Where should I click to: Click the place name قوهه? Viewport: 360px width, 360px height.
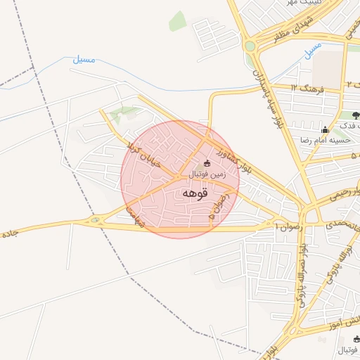tap(194, 193)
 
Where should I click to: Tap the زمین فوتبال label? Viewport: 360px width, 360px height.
tap(207, 174)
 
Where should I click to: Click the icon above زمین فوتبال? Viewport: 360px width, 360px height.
tap(207, 163)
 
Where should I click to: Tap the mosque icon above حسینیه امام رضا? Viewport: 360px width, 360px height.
tap(325, 129)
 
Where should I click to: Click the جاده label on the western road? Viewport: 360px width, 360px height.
tap(8, 232)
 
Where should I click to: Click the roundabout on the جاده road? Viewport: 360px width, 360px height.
tap(94, 221)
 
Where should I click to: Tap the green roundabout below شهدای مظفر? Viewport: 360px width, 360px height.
tap(250, 47)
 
